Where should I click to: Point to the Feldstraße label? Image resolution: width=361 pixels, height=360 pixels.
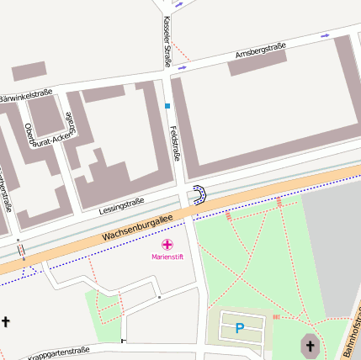click(176, 141)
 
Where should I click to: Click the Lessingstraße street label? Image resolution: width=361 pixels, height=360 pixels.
click(122, 204)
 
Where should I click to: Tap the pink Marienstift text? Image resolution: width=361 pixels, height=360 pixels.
click(167, 256)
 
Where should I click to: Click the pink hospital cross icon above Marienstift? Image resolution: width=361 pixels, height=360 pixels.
click(167, 244)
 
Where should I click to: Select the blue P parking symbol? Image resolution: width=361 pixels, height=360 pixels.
click(240, 328)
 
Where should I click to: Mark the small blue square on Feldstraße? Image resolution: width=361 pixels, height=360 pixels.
click(167, 106)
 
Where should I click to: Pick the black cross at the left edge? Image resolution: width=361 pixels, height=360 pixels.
click(6, 321)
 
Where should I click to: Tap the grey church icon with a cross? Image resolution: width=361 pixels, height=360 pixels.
click(310, 345)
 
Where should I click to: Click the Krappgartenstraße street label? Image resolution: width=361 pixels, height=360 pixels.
click(59, 352)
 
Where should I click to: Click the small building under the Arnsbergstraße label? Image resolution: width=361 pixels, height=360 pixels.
click(257, 64)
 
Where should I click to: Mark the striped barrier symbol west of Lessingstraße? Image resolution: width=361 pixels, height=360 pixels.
click(20, 250)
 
